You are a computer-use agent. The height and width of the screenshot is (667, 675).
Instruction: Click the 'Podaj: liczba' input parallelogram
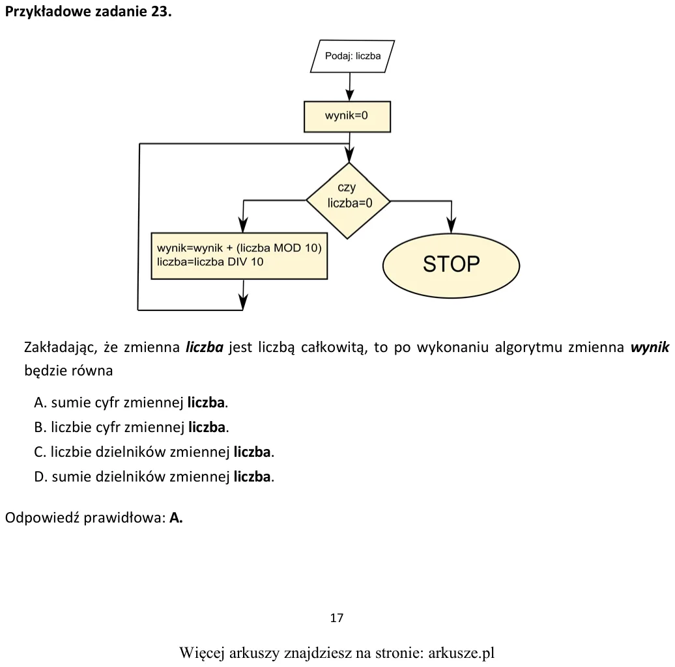click(x=352, y=57)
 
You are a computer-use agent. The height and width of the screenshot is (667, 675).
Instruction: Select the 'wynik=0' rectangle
click(x=347, y=116)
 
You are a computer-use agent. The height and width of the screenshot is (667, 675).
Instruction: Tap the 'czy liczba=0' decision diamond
click(x=349, y=200)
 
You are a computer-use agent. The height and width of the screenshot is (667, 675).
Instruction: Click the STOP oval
click(x=451, y=265)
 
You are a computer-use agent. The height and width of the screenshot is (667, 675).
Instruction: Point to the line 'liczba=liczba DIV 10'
click(x=210, y=262)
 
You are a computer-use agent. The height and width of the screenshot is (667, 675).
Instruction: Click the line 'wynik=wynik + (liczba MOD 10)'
click(x=239, y=248)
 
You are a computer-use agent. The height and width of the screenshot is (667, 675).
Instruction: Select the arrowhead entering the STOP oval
click(x=451, y=225)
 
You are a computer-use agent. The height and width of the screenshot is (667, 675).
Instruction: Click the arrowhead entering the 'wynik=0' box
click(x=349, y=94)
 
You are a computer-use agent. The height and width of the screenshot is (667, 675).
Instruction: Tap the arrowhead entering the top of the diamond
click(x=349, y=155)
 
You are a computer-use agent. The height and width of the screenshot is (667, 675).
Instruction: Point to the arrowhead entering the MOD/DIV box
click(x=243, y=225)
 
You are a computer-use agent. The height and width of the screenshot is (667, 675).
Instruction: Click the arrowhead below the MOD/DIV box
click(x=243, y=302)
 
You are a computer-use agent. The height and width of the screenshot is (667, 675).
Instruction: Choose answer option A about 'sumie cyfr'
click(x=131, y=403)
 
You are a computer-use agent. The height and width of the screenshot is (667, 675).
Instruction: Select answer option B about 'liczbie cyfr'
click(x=132, y=427)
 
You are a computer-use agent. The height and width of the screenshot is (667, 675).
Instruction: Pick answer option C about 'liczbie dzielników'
click(x=154, y=452)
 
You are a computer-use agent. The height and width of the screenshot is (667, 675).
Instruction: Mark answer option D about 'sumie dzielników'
click(x=154, y=476)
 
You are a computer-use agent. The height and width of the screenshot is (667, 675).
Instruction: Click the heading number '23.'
click(x=162, y=11)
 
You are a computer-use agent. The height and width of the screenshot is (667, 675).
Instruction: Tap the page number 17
click(x=337, y=618)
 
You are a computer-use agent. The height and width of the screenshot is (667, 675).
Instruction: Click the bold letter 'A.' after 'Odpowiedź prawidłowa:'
click(x=176, y=517)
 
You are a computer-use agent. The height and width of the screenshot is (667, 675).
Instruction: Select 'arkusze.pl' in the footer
click(x=461, y=653)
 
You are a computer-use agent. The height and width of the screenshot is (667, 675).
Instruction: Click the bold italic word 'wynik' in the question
click(x=650, y=347)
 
